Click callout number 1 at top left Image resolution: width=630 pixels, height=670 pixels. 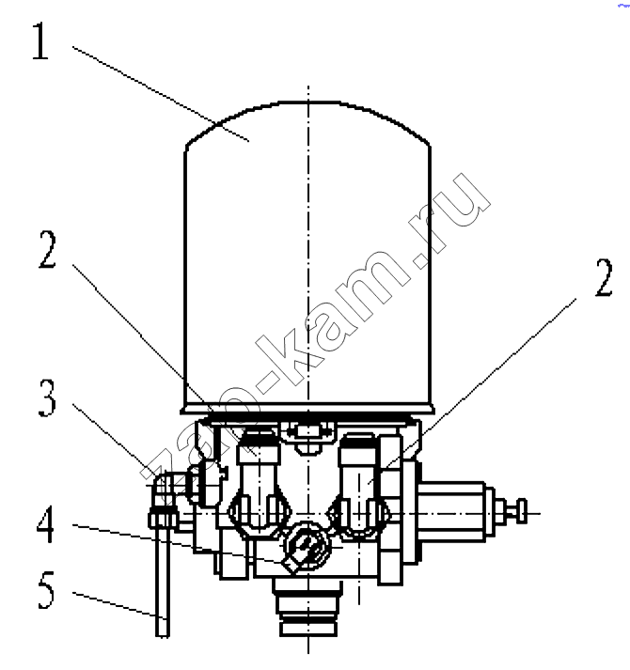coord(40,40)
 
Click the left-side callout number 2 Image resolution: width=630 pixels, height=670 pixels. coord(47,249)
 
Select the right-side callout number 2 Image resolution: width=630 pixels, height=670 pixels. coord(604,277)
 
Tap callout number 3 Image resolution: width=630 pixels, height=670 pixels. coord(47,397)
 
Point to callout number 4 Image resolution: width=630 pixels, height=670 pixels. coord(46,523)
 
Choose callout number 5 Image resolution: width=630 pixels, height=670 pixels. coord(46,590)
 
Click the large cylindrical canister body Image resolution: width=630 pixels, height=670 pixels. coord(307,273)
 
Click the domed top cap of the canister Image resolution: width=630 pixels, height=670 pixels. coord(307,124)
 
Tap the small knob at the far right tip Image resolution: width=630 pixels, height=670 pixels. coord(521,511)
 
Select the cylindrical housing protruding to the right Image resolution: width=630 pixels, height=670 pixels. coord(452,512)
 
